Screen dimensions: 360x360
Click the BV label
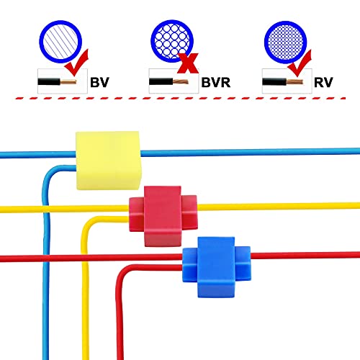[99, 82]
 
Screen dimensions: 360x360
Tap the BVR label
[216, 82]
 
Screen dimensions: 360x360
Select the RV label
[323, 82]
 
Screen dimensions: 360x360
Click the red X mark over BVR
[188, 63]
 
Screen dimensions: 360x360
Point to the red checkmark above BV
[77, 63]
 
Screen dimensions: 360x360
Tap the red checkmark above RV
[300, 63]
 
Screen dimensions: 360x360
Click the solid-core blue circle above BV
[60, 42]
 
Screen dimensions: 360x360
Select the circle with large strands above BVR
[172, 41]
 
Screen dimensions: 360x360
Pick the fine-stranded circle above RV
[286, 42]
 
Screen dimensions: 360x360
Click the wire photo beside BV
[63, 81]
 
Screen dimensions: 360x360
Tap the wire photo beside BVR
[174, 81]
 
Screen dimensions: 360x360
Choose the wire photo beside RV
[287, 81]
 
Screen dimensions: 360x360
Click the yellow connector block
[108, 161]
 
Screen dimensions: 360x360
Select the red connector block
[163, 216]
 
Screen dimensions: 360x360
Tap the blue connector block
[217, 267]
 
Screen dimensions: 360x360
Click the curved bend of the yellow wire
[87, 223]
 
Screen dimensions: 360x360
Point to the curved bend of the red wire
[122, 272]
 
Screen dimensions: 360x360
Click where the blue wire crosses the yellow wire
[46, 209]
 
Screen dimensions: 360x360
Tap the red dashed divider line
[180, 98]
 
